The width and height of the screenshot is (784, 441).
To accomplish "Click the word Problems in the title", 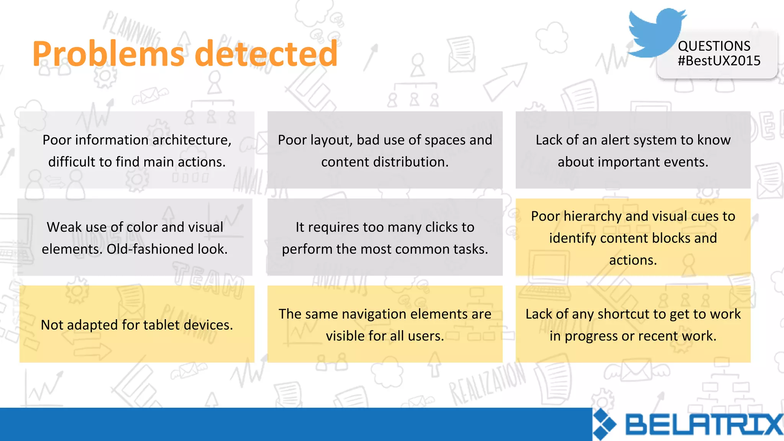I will (108, 54).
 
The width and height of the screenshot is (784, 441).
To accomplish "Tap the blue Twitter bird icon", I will (655, 33).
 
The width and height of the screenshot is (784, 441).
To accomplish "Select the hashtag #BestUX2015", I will (719, 61).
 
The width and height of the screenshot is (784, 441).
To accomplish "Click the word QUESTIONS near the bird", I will (714, 46).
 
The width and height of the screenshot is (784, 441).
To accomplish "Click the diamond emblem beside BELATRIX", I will (604, 424).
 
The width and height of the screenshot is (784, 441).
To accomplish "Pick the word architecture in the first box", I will (190, 140).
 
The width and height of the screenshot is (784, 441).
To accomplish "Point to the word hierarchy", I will (592, 216).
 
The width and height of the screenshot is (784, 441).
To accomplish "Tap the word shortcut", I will (623, 314).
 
